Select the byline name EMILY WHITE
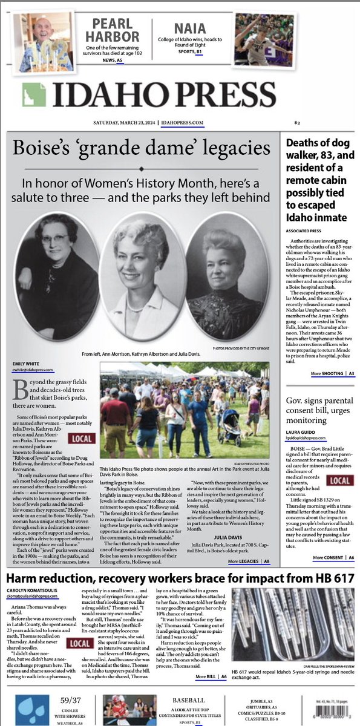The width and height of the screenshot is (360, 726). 27,364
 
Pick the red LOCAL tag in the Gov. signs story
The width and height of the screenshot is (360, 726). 339,480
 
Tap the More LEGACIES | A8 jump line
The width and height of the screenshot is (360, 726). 249,562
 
